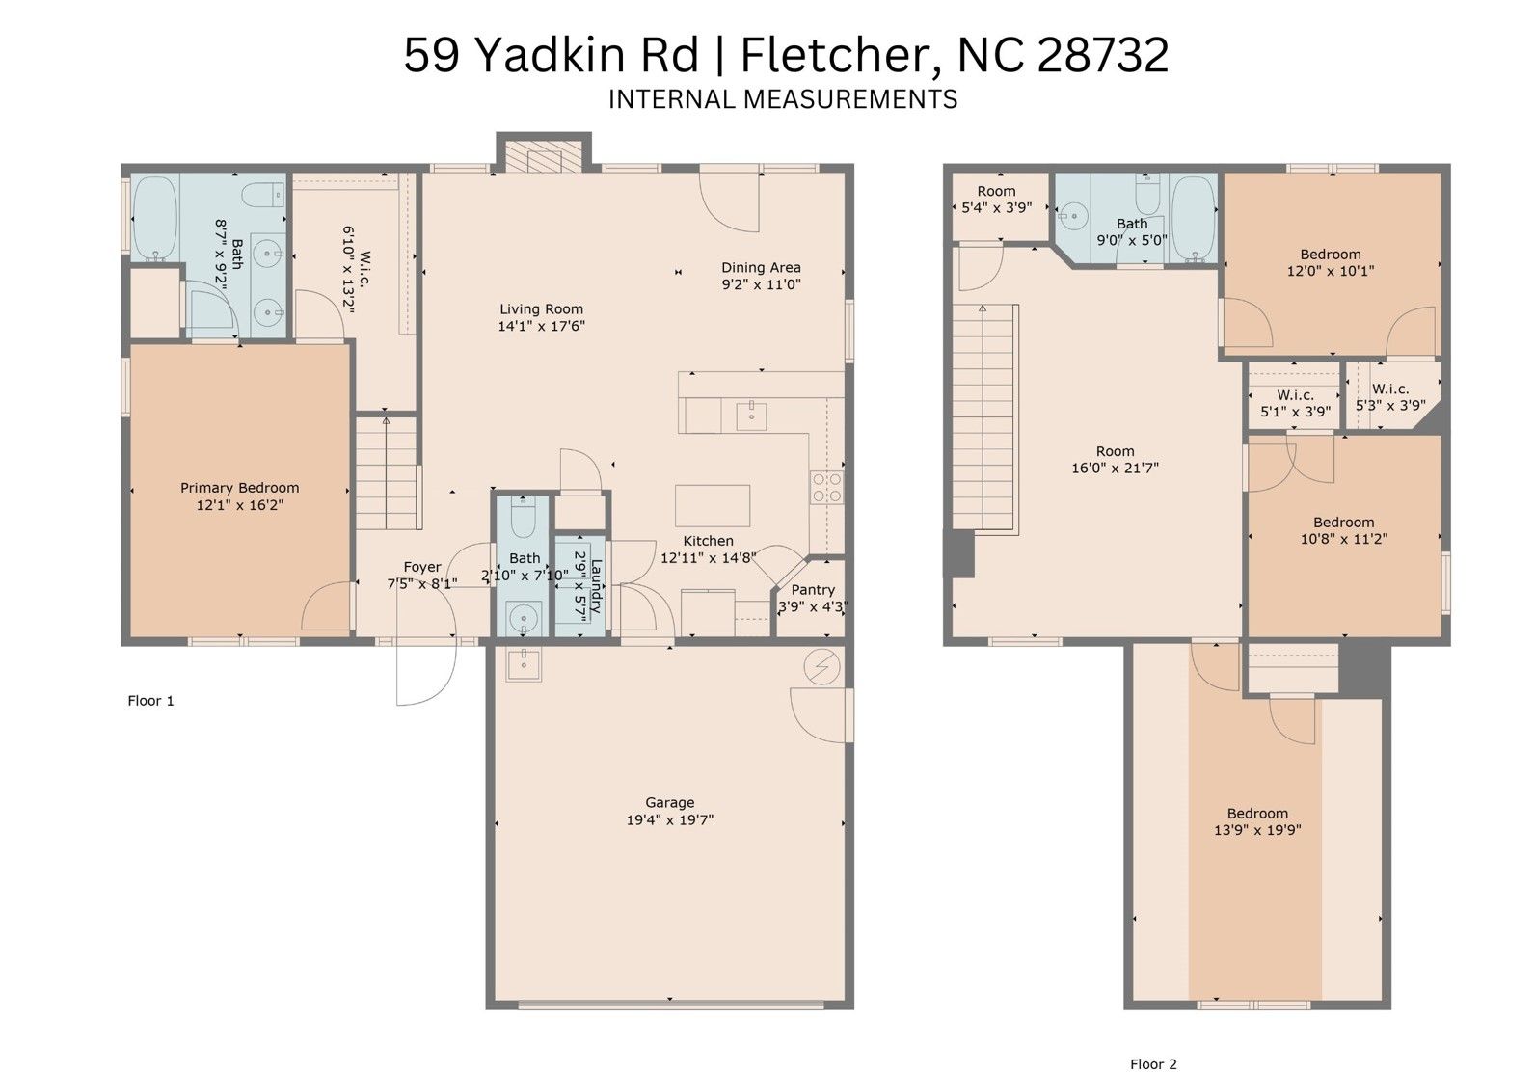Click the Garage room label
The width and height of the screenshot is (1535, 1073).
[x=669, y=802]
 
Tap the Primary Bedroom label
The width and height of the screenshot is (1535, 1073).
[x=239, y=488]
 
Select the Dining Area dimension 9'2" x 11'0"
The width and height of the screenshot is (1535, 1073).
[x=761, y=284]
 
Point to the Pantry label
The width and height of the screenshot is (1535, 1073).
[x=813, y=590]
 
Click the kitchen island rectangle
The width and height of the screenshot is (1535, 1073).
[x=713, y=506]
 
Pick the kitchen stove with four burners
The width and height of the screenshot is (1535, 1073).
[x=826, y=487]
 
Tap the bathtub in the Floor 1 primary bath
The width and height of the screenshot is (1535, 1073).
[x=155, y=217]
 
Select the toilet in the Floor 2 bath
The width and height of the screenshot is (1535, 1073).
[x=1147, y=193]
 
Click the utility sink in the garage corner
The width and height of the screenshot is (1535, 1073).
[x=524, y=664]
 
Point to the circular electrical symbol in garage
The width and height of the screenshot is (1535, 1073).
[x=821, y=666]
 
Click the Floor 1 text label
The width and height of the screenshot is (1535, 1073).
[x=150, y=700]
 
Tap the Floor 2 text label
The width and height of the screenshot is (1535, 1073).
[x=1153, y=1064]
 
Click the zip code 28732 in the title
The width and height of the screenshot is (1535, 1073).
[x=1103, y=55]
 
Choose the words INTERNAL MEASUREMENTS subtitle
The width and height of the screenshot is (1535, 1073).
[x=783, y=99]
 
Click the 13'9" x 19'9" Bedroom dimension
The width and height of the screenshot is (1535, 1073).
[x=1257, y=830]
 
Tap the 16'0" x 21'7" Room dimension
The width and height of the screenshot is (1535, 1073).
[x=1115, y=468]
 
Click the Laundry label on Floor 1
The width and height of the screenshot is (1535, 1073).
[x=596, y=586]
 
